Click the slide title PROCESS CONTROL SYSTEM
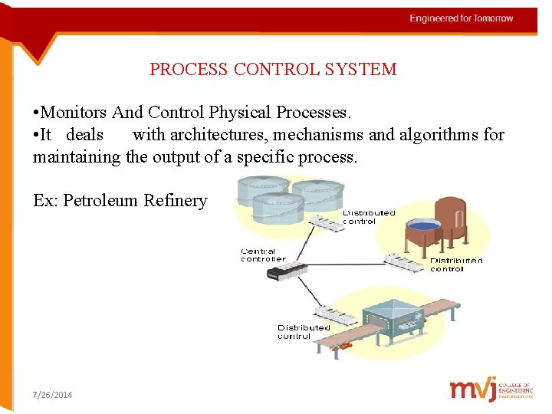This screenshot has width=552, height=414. [x=273, y=69]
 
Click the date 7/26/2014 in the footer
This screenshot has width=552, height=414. [x=53, y=395]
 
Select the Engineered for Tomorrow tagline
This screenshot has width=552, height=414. [x=461, y=18]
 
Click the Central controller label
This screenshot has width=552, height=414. [x=263, y=255]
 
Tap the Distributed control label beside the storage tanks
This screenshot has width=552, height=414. [x=369, y=217]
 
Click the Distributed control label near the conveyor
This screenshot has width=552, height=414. [x=304, y=332]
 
